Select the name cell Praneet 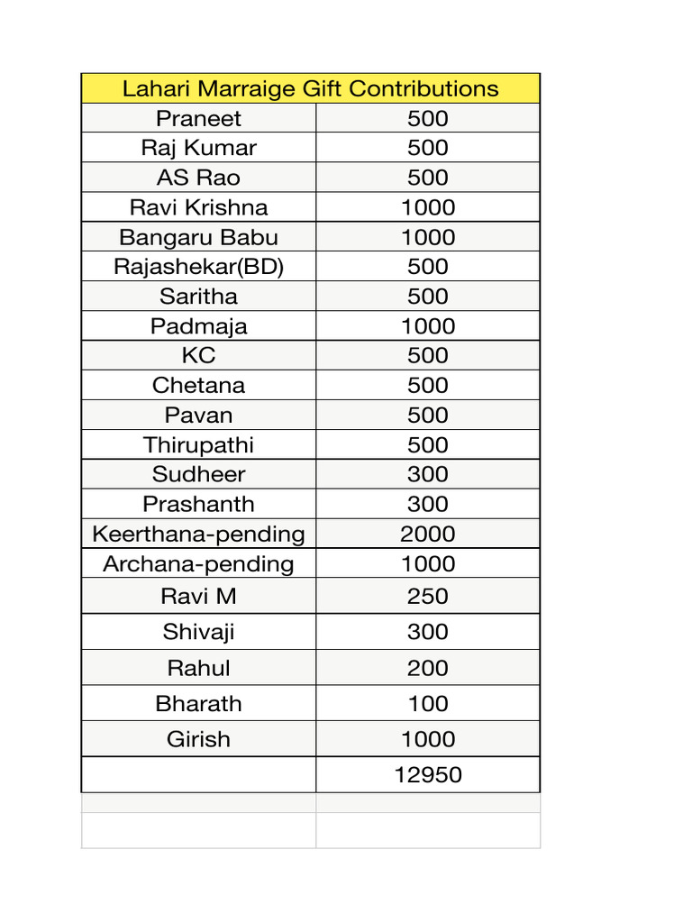(x=198, y=118)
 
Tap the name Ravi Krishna (x=198, y=207)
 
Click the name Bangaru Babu (x=198, y=237)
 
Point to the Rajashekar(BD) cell (x=198, y=267)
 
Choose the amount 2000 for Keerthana (x=428, y=534)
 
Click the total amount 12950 (x=428, y=774)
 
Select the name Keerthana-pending (x=198, y=534)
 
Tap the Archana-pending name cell (x=198, y=564)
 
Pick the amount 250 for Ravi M (x=428, y=596)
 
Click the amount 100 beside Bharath (x=428, y=703)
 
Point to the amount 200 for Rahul (x=428, y=668)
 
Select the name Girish (x=198, y=739)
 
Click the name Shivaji (x=198, y=632)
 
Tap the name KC (x=198, y=355)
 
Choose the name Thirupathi (x=198, y=444)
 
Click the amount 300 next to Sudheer (x=428, y=474)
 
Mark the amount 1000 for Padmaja (x=428, y=326)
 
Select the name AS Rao (x=198, y=178)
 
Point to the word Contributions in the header (x=423, y=88)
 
